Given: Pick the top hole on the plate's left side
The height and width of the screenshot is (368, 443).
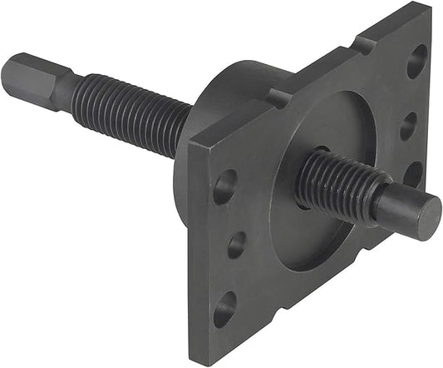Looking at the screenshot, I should coord(224,186).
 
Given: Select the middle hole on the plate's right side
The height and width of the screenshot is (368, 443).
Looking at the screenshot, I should coord(408,126).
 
